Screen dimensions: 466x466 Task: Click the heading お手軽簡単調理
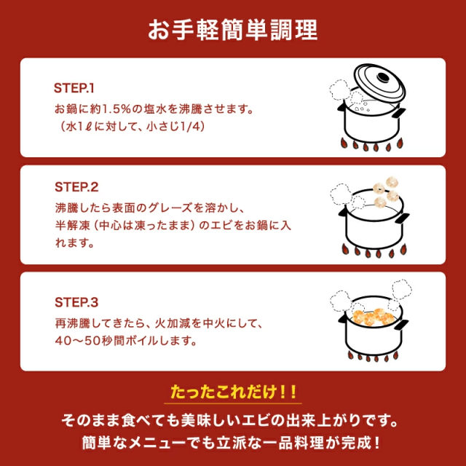click(x=233, y=30)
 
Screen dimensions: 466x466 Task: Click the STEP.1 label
click(x=74, y=88)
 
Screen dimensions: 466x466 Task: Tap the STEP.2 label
click(x=76, y=187)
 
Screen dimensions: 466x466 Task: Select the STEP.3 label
click(x=76, y=302)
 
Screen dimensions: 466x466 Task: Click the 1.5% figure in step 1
click(x=116, y=109)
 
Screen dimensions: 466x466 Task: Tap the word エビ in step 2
click(x=221, y=226)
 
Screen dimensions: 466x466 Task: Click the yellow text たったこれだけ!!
click(x=233, y=392)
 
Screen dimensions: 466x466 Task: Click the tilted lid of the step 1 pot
click(x=379, y=83)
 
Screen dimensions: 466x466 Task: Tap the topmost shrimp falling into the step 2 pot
click(x=392, y=182)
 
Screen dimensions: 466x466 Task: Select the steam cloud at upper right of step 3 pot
click(x=402, y=288)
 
